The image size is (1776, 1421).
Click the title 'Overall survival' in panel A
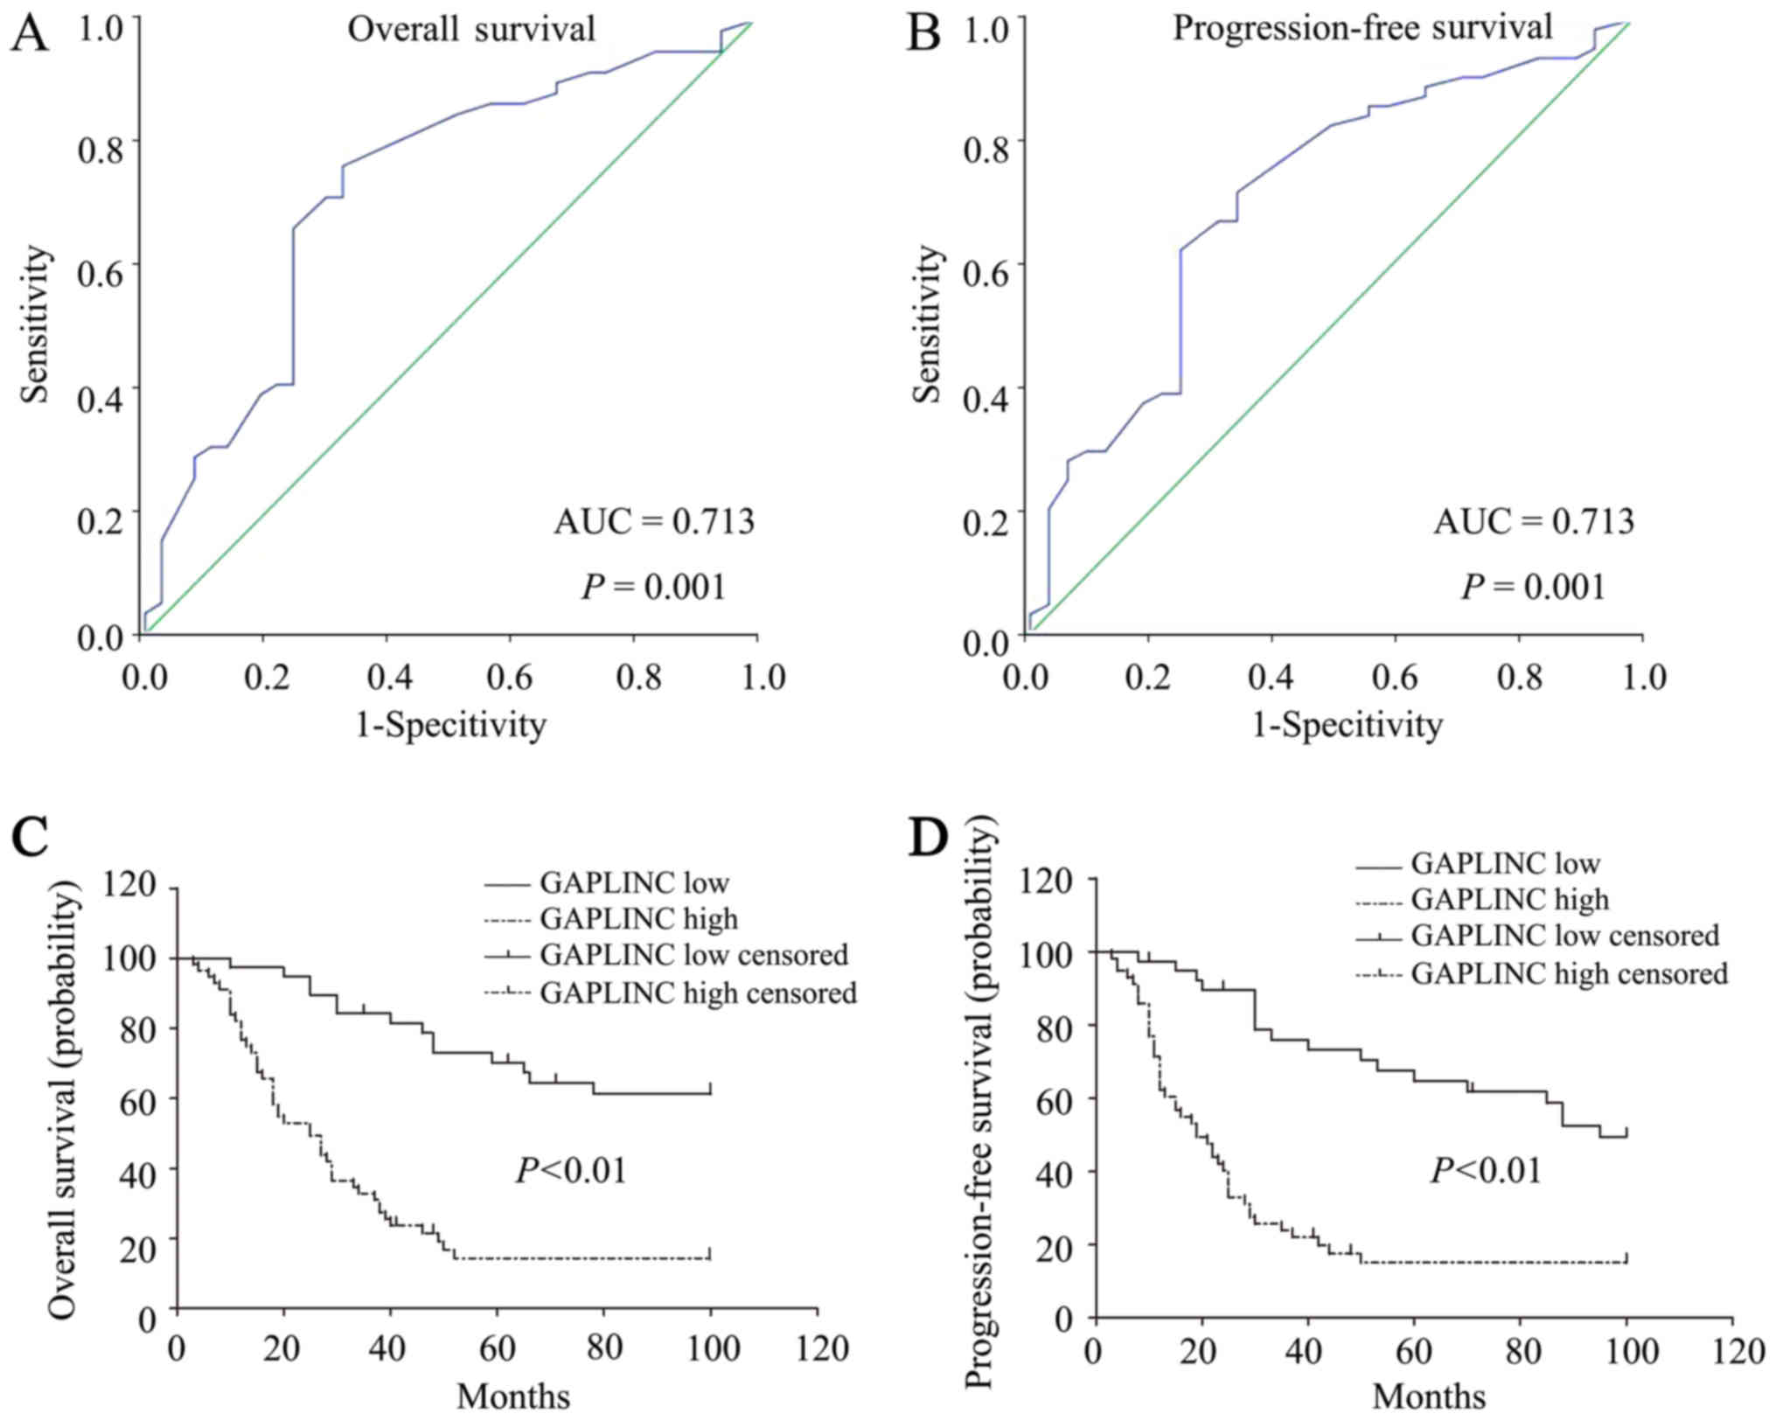471,29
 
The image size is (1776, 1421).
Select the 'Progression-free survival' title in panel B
1362,27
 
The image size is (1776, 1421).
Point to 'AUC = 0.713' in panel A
653,522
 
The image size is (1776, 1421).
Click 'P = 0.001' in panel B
1533,587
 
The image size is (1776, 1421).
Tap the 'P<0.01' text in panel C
571,1170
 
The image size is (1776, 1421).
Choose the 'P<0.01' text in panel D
1486,1170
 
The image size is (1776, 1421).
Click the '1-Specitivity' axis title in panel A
450,725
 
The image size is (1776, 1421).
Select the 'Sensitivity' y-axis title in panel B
927,324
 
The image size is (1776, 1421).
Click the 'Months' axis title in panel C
513,1397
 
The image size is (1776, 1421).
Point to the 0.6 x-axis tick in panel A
511,678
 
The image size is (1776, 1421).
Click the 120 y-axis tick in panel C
129,885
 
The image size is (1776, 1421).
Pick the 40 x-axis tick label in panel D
1306,1352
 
